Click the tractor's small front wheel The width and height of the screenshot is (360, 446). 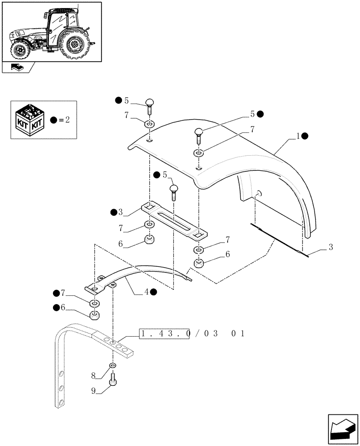(20, 50)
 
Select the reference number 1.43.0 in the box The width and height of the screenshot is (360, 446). (164, 334)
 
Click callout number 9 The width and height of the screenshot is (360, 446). (94, 391)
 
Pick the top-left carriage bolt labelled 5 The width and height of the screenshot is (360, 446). (150, 107)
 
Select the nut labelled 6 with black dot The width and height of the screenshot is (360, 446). (94, 316)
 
